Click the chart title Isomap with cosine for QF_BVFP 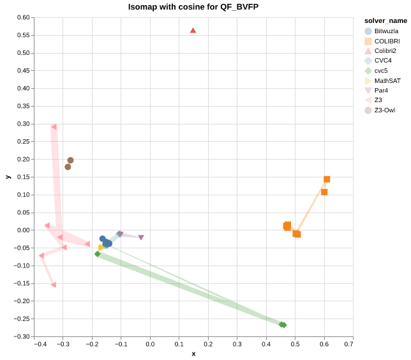[x=193, y=7]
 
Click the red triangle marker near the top [x=193, y=31]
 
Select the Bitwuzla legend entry [x=387, y=31]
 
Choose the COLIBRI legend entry [x=387, y=41]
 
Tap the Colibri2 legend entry [x=385, y=51]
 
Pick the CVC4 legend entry [x=383, y=61]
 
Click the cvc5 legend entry [x=381, y=71]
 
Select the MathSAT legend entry [x=387, y=81]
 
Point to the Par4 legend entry [x=382, y=91]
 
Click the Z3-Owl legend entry [x=384, y=110]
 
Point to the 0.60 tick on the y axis [x=24, y=18]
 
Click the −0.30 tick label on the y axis [x=22, y=336]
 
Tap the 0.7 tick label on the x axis [x=348, y=345]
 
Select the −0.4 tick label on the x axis [x=40, y=345]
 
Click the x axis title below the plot [x=193, y=354]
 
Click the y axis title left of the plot [x=8, y=177]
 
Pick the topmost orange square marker [x=327, y=179]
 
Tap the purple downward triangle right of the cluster [x=141, y=237]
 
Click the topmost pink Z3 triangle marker [x=54, y=127]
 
